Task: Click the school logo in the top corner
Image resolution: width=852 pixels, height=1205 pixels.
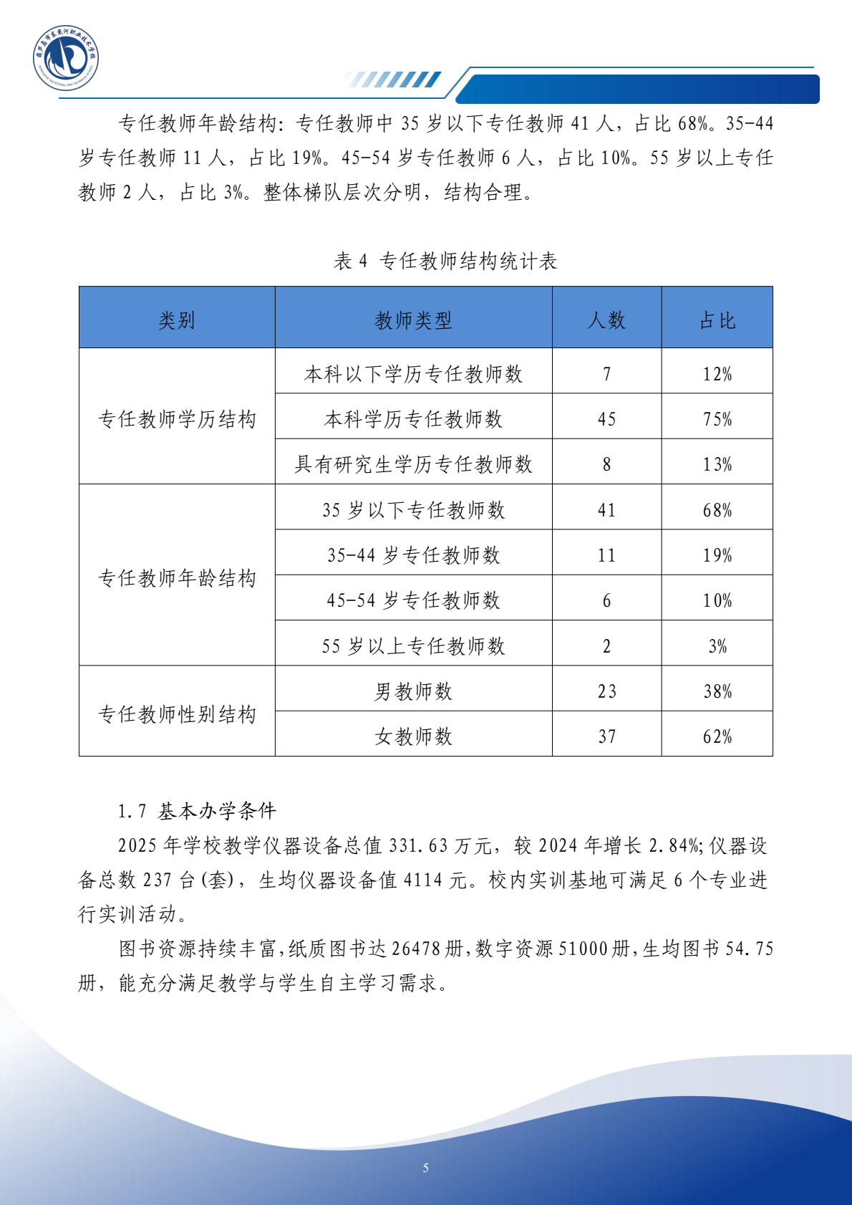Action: coord(65,59)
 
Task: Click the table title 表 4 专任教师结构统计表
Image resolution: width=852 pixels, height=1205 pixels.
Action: coord(445,261)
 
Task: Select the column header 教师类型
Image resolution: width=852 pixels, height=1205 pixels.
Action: coord(413,320)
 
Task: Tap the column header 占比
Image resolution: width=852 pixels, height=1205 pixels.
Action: coord(717,320)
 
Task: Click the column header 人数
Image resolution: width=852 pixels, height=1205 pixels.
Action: coord(606,320)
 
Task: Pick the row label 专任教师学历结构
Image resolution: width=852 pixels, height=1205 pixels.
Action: coord(177,419)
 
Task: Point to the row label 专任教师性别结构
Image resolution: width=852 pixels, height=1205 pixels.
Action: coord(177,714)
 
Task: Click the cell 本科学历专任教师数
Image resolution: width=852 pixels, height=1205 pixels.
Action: coord(413,419)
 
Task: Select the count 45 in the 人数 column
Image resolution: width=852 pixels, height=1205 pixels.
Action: coord(606,419)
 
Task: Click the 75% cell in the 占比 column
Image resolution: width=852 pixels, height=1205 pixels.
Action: coord(717,419)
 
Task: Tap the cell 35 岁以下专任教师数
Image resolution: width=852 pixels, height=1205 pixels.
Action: coord(413,510)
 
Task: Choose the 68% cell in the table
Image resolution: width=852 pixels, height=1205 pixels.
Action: coord(717,510)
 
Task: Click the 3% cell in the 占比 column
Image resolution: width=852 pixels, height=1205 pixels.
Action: coord(717,646)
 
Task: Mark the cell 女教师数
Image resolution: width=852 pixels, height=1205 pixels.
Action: coord(413,736)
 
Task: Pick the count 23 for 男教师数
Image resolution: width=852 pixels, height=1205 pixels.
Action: coord(606,691)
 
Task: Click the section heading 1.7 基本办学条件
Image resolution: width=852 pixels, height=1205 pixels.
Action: coord(197,811)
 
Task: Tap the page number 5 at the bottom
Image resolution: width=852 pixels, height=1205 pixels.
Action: coord(426,1168)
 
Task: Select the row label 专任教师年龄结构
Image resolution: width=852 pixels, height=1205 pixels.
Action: coord(177,578)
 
